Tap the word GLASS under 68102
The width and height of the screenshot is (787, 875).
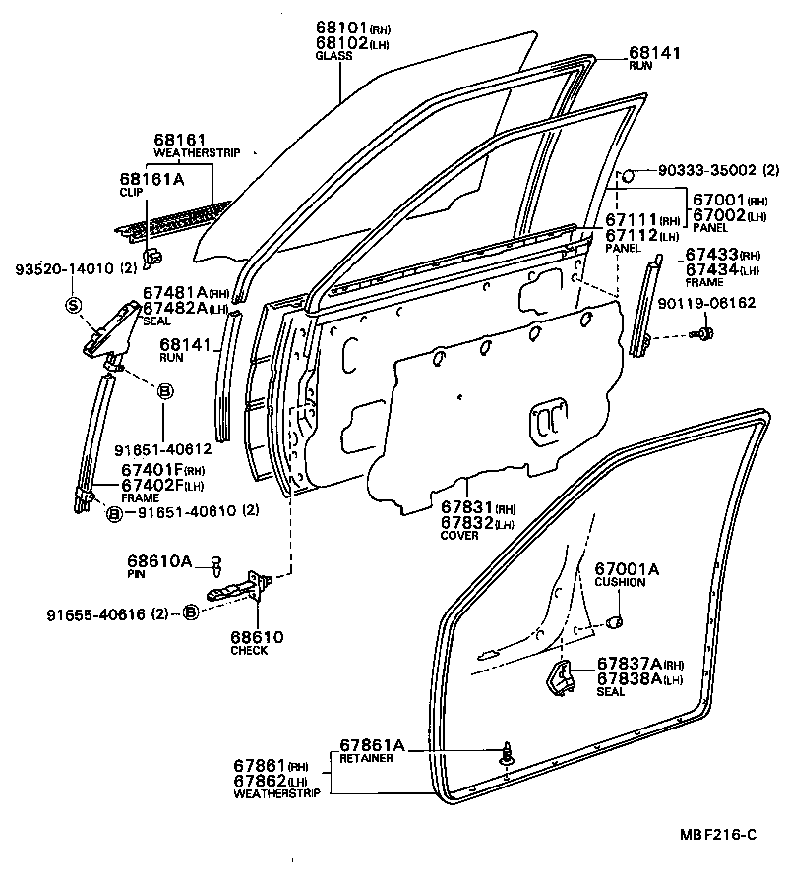click(x=334, y=57)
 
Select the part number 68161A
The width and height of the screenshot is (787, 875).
click(x=151, y=179)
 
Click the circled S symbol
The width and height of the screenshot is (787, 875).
click(x=72, y=305)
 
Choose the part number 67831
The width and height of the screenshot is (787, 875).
click(x=466, y=508)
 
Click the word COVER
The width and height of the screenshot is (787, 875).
click(x=458, y=536)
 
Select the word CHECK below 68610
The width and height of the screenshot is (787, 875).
click(x=250, y=651)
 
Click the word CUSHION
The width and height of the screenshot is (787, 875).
click(x=620, y=582)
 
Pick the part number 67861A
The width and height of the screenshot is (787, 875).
click(x=373, y=745)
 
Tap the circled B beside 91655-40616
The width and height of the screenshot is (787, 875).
click(x=191, y=613)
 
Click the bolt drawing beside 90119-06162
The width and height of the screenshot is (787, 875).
click(x=702, y=336)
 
